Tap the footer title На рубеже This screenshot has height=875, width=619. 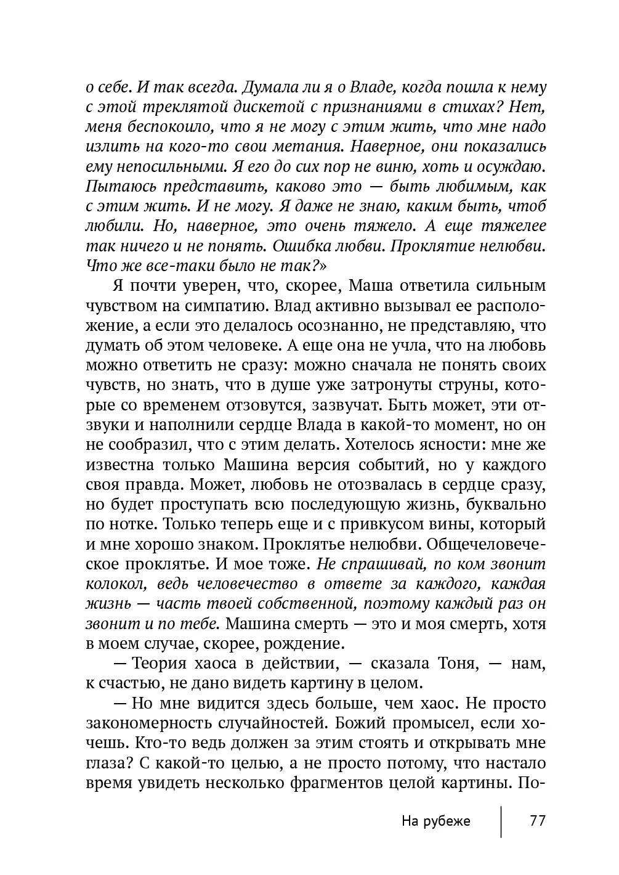(x=435, y=821)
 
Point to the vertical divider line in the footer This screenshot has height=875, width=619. (x=501, y=821)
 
